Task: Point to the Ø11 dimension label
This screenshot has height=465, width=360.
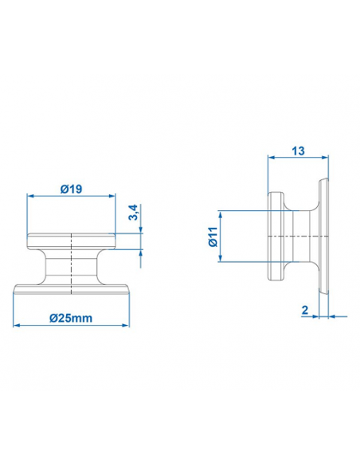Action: click(x=213, y=236)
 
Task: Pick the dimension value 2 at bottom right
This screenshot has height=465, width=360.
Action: click(x=306, y=310)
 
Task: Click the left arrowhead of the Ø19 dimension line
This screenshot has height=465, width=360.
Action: click(x=30, y=196)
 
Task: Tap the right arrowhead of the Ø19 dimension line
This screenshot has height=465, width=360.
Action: click(x=112, y=196)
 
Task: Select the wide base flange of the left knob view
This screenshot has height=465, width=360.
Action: click(x=72, y=289)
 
